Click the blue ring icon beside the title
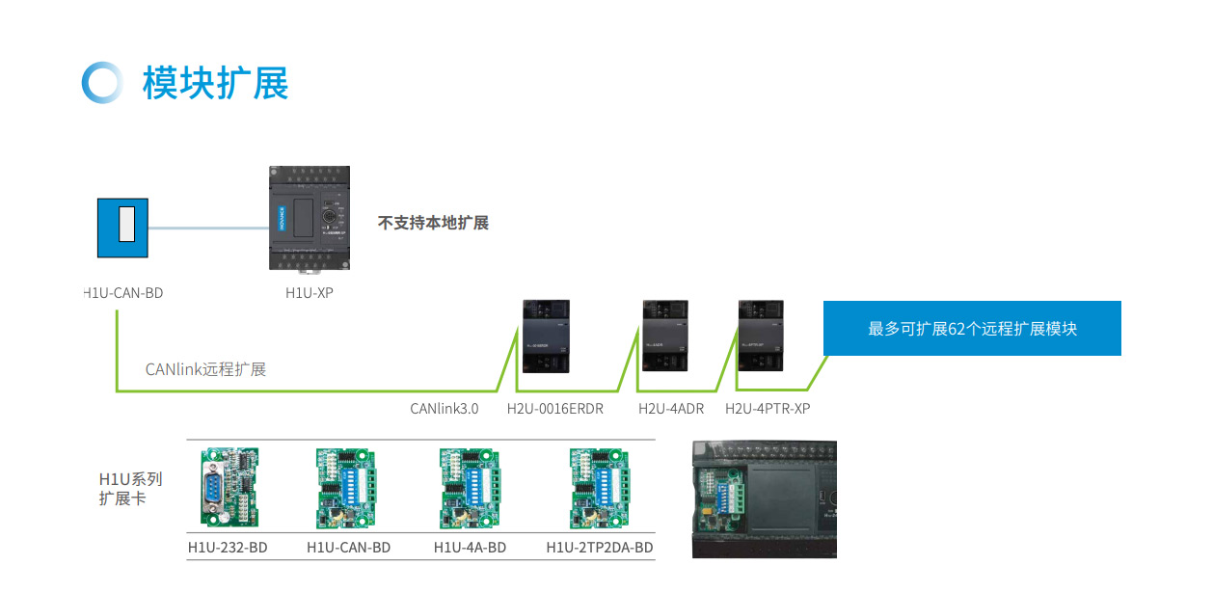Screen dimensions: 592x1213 click(102, 83)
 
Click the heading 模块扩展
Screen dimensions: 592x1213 click(215, 83)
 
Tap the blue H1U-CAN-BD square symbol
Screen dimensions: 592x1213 click(123, 228)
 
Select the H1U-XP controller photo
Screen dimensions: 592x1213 click(309, 219)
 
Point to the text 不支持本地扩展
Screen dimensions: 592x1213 click(433, 223)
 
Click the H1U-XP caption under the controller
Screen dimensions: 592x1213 click(309, 292)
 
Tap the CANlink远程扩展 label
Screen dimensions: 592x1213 click(205, 369)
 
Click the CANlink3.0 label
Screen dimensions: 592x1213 click(444, 409)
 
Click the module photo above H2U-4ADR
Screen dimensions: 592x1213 click(664, 336)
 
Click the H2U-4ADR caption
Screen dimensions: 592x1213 click(671, 409)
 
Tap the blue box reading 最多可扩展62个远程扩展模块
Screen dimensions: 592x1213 click(972, 329)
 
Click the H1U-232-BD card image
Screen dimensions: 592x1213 click(229, 488)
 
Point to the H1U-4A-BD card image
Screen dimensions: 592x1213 click(470, 488)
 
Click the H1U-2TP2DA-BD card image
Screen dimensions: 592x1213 click(599, 488)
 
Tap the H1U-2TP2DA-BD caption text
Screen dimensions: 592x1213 click(600, 549)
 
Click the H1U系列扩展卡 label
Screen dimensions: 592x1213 click(130, 489)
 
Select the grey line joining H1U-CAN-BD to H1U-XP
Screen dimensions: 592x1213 click(208, 229)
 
